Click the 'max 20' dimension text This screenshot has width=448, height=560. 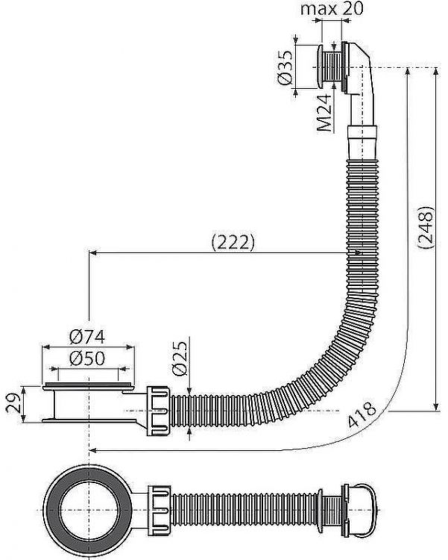click(x=332, y=8)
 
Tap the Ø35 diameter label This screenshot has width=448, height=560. click(x=285, y=67)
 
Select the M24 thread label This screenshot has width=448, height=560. click(x=324, y=113)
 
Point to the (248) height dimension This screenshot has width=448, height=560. click(x=426, y=227)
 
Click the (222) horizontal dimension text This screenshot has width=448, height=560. click(x=233, y=243)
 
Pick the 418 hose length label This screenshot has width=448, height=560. click(x=362, y=414)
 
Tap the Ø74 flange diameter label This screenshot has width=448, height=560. click(x=87, y=337)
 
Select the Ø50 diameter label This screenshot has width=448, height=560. click(x=87, y=358)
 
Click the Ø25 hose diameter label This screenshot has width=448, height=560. click(x=180, y=358)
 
